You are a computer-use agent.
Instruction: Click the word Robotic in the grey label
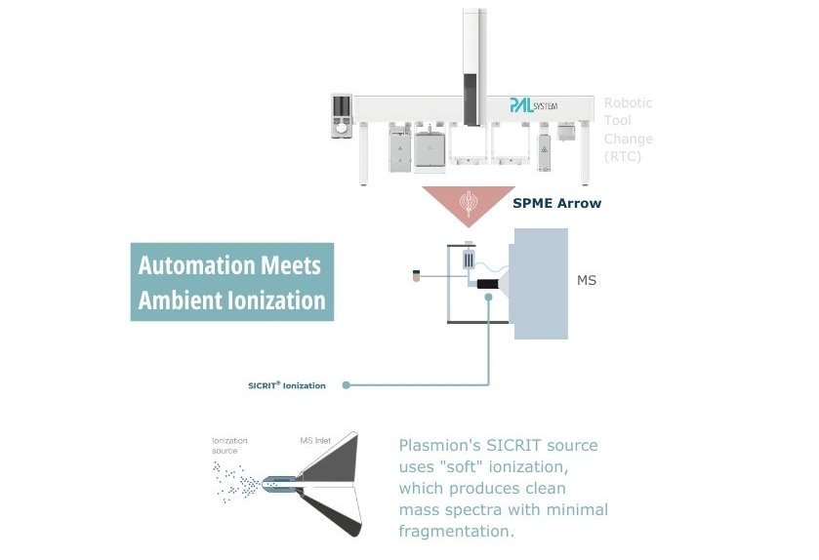[628, 102]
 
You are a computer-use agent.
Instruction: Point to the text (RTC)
[622, 156]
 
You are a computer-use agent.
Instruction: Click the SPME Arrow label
[557, 203]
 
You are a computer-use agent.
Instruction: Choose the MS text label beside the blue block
[587, 281]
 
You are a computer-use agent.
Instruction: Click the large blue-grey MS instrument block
[540, 283]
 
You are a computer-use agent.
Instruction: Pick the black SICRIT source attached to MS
[486, 284]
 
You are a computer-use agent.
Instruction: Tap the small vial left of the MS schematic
[417, 276]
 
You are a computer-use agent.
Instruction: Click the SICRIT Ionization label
[287, 385]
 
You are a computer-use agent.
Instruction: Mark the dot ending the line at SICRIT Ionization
[347, 385]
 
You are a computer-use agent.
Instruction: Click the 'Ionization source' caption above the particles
[229, 446]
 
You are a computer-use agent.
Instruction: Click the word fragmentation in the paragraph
[455, 532]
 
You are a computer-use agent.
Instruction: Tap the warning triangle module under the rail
[543, 151]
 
